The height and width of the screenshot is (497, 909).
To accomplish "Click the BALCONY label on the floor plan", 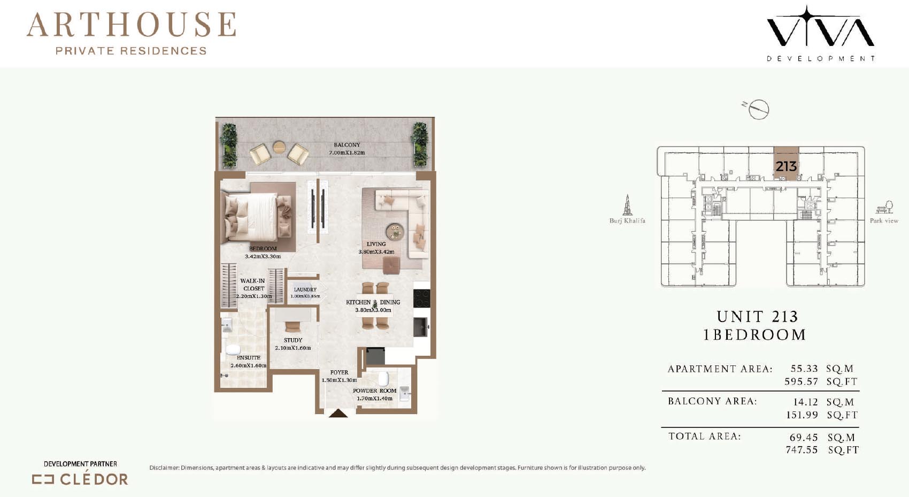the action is [347, 144].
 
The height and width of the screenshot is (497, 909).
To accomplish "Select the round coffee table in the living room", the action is [395, 232].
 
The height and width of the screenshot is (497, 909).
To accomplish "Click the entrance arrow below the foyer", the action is [338, 414].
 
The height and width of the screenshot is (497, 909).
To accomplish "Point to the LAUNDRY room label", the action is [305, 289].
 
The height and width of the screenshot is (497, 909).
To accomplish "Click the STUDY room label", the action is [293, 340].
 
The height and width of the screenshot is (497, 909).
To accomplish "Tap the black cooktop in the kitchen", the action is [422, 298].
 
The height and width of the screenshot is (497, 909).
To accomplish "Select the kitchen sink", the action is [420, 327].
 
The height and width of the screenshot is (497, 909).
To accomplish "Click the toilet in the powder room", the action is [383, 378].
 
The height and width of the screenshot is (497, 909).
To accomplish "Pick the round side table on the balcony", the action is [279, 147].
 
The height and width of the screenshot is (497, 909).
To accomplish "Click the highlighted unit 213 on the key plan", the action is [787, 164].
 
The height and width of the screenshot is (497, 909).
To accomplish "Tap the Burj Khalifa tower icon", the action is [627, 205].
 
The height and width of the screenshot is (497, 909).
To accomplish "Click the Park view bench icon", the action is [884, 207].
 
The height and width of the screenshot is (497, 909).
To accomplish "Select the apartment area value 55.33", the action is [804, 369].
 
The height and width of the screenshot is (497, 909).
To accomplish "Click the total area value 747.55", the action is [802, 450].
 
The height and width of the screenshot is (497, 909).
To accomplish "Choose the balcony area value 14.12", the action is [805, 402].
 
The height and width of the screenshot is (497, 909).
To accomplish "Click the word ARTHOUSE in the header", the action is [132, 25].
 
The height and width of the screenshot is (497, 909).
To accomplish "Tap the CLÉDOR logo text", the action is [94, 479].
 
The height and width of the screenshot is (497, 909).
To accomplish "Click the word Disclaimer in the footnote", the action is [164, 468].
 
